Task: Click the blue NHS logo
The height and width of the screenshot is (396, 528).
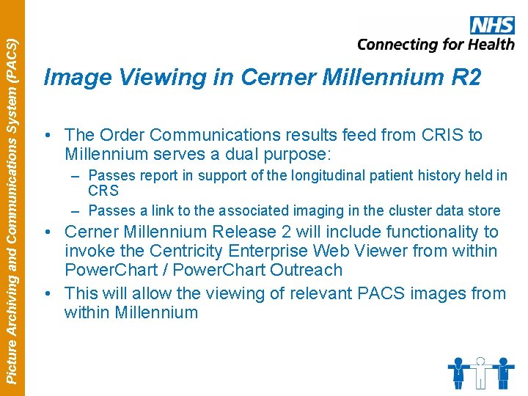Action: pos(492,25)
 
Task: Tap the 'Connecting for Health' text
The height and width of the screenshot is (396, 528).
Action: pos(436,45)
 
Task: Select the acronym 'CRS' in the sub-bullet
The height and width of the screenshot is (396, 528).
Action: pos(103,191)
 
